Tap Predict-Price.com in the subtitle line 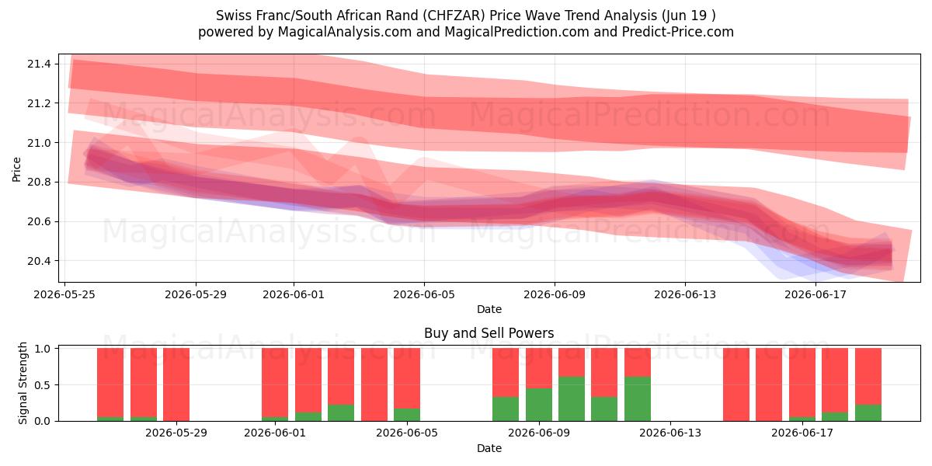tap(678, 32)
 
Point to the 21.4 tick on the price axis tap(39, 64)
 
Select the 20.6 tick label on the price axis tap(39, 221)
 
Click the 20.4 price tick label tap(39, 261)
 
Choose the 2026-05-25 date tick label tap(64, 294)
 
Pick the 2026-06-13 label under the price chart tap(685, 294)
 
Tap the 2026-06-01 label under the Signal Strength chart tap(275, 433)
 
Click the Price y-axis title tap(16, 169)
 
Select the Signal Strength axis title tap(23, 383)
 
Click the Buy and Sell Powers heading tap(489, 333)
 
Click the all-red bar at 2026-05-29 tap(176, 384)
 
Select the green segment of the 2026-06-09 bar tap(538, 405)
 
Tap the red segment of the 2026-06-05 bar tap(406, 378)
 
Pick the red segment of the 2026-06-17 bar tap(802, 382)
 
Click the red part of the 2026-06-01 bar tap(275, 382)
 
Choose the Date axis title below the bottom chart tap(489, 448)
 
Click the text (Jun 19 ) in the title tap(688, 16)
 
